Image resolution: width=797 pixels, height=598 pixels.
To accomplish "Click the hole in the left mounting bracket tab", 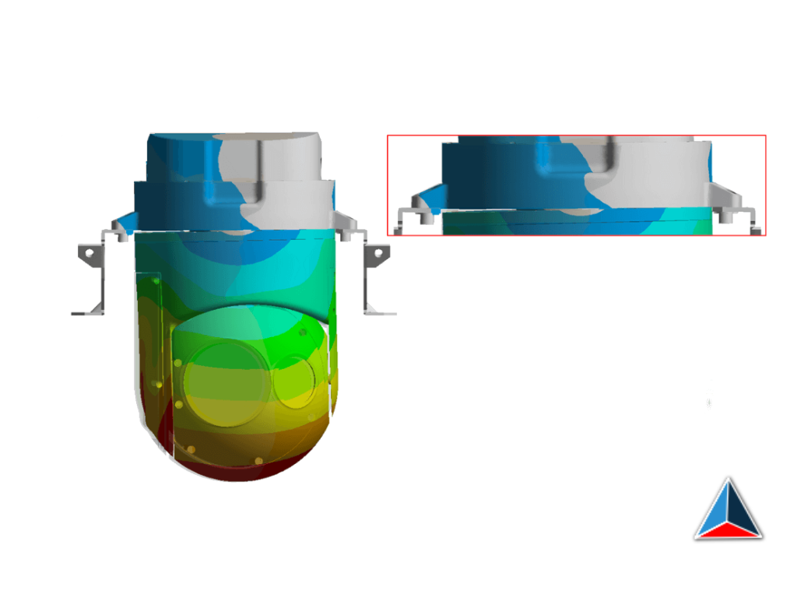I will pos(90,253).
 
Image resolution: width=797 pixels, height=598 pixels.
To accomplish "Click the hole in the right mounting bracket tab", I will pos(379,253).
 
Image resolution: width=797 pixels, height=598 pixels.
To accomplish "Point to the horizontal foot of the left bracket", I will pos(86,312).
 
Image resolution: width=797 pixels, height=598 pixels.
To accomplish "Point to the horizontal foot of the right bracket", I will pos(381,312).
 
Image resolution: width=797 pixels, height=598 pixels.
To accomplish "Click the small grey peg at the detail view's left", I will pos(427,218).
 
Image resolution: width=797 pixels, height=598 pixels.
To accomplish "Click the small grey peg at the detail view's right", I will pos(725,218).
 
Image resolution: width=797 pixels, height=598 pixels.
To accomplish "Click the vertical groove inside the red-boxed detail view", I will pos(542,160).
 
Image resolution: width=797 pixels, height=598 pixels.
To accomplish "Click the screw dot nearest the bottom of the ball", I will pos(258,461).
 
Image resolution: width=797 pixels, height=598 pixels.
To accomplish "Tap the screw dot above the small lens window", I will pos(302,332).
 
